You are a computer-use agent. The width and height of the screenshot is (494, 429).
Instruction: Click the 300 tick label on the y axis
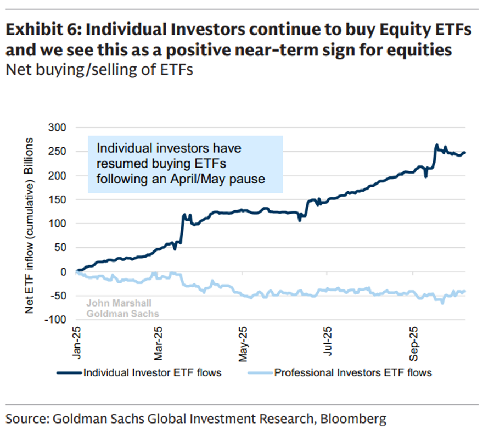pyautogui.click(x=57, y=127)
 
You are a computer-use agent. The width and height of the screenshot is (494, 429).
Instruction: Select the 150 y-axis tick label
pyautogui.click(x=57, y=199)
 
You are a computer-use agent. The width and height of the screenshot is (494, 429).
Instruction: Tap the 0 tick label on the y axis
pyautogui.click(x=63, y=271)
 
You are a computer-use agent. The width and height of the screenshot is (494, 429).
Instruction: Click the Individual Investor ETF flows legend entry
pyautogui.click(x=152, y=372)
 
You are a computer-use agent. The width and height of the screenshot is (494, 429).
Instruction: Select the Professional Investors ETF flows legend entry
pyautogui.click(x=353, y=372)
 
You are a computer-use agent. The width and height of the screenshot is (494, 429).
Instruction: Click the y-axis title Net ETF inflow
pyautogui.click(x=30, y=225)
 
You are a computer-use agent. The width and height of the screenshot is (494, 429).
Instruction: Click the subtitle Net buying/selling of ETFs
pyautogui.click(x=99, y=70)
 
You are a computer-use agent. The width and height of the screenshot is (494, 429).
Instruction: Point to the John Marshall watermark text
pyautogui.click(x=119, y=303)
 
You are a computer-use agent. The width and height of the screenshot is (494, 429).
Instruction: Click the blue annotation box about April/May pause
pyautogui.click(x=185, y=164)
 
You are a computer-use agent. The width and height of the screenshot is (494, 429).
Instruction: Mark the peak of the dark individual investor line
pyautogui.click(x=436, y=145)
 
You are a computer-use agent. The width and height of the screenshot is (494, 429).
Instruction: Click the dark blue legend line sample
pyautogui.click(x=69, y=372)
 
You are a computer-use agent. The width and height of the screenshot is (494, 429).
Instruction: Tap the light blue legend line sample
pyautogui.click(x=260, y=372)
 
